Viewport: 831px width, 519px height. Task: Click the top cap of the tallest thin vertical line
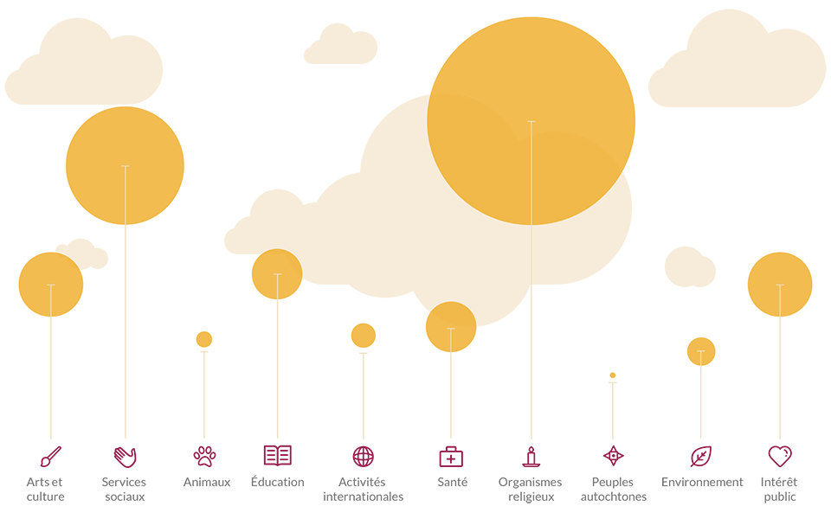point(531,122)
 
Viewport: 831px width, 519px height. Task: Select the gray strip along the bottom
point(415,487)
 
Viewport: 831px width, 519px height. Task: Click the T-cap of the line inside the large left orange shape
point(126,166)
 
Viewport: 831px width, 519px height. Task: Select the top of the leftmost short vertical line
point(51,285)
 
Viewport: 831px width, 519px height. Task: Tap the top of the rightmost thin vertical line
point(780,285)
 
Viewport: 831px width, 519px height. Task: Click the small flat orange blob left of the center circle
point(355,336)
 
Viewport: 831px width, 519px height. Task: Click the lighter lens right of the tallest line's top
point(571,173)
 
